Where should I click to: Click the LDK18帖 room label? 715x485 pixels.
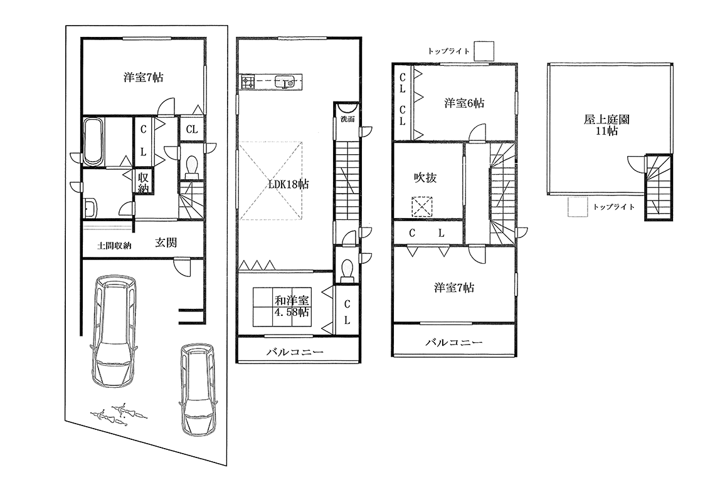click(288, 184)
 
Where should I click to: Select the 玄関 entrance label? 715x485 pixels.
click(166, 242)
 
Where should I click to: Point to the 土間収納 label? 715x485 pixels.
click(114, 246)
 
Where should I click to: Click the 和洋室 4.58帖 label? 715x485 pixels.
click(292, 306)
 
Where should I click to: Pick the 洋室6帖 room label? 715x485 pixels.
click(464, 103)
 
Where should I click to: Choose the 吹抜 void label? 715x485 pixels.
click(425, 177)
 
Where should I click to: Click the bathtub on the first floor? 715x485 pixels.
click(94, 142)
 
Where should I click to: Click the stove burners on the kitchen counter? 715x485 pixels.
click(248, 82)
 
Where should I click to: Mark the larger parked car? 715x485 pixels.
click(114, 330)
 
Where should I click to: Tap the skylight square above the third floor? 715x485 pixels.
click(484, 51)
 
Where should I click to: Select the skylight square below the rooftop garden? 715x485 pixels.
click(578, 207)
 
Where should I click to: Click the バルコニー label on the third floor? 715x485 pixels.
click(453, 342)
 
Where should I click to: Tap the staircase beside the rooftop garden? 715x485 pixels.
click(658, 187)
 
